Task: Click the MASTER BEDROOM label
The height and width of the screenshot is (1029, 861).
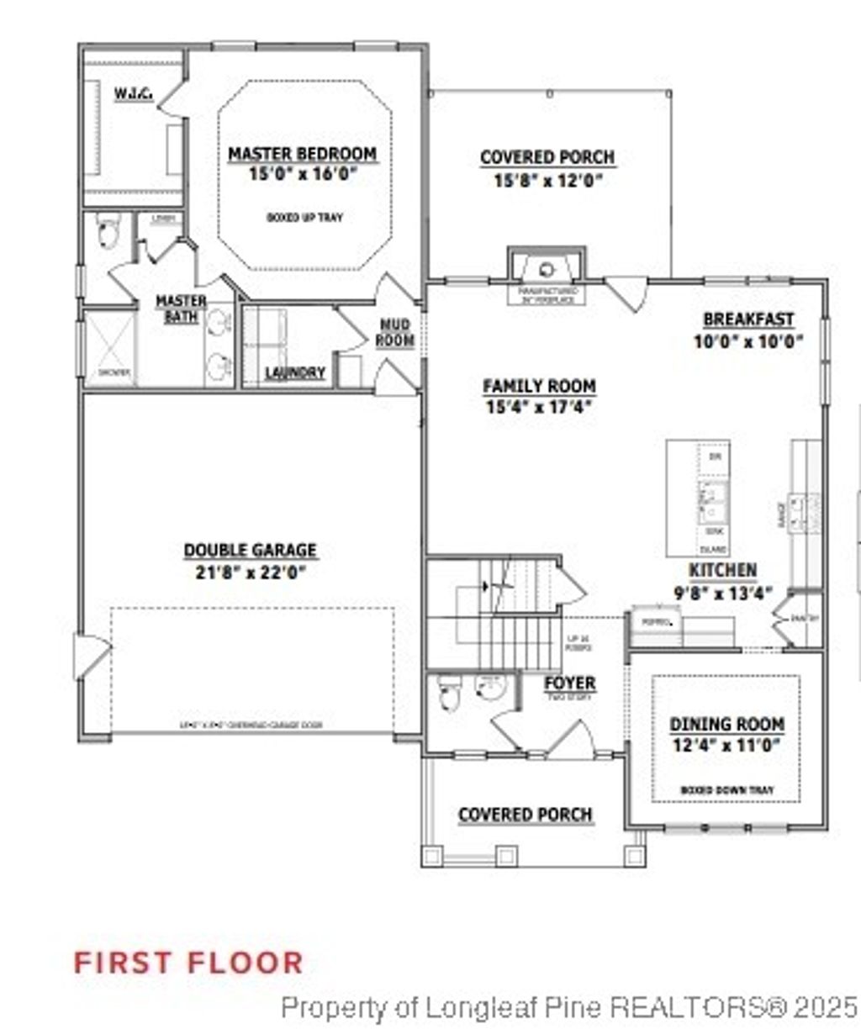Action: [303, 154]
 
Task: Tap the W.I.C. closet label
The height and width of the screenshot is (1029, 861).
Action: [133, 94]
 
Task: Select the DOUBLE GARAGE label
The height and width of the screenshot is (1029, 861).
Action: [250, 551]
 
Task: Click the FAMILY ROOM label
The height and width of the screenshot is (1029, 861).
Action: [539, 386]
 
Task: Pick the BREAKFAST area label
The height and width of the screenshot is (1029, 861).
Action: [747, 319]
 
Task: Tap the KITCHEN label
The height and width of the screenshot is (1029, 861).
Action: [722, 571]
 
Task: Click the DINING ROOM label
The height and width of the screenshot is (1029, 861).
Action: [726, 724]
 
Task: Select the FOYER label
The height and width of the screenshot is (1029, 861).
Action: [569, 683]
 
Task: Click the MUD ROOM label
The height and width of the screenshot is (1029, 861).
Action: [394, 332]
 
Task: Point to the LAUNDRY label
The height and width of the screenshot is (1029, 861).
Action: [294, 372]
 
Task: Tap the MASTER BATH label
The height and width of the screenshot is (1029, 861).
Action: [181, 309]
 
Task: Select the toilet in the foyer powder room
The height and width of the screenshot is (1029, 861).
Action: [446, 694]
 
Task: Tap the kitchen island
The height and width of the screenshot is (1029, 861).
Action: [698, 498]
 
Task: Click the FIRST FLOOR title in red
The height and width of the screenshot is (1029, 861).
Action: [188, 962]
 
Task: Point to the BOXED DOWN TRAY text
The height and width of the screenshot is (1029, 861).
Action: [726, 790]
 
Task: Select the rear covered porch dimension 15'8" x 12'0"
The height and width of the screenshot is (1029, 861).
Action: [547, 180]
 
